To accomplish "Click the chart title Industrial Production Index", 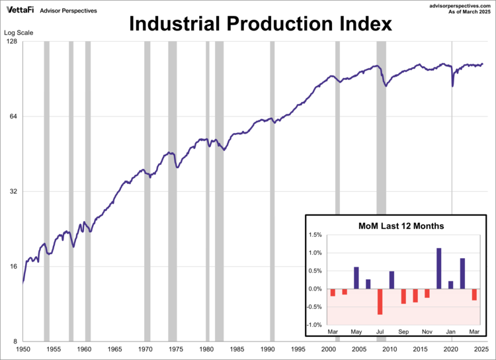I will [260, 24].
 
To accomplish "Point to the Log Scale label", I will [19, 32].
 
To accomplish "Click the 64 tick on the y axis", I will [12, 116].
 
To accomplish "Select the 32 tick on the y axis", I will [12, 192].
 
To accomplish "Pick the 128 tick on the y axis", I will [11, 42].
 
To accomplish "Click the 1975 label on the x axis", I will [175, 349].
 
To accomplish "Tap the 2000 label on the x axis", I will [329, 349].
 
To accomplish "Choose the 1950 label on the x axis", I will [22, 349].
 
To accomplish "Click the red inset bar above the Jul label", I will [380, 302].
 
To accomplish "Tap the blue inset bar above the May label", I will [356, 278].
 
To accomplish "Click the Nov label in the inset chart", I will [427, 332].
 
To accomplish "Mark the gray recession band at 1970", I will [147, 192].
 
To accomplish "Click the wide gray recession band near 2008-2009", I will [381, 192].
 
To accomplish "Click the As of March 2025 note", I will [466, 13].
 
